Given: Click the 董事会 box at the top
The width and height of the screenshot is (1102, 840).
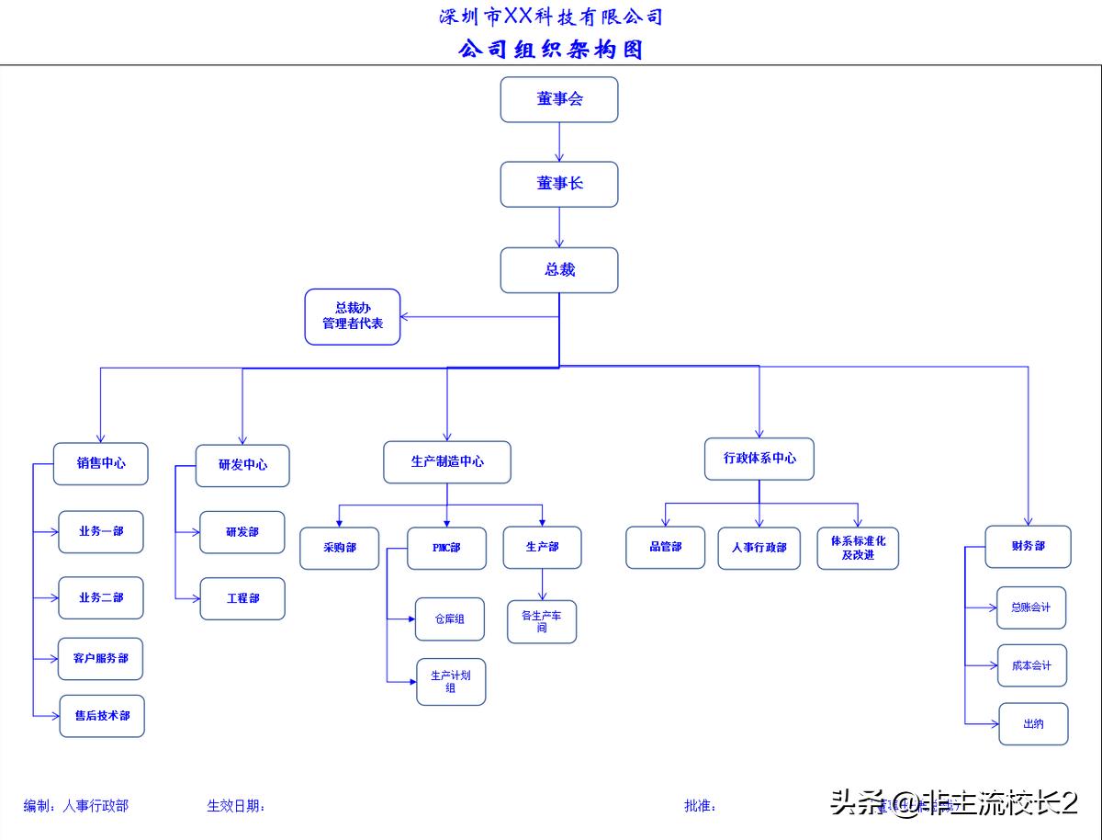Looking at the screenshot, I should pyautogui.click(x=559, y=99).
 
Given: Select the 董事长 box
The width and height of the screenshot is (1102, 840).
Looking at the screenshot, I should pyautogui.click(x=559, y=184).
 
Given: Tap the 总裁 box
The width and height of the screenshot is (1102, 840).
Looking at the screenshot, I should pyautogui.click(x=559, y=270).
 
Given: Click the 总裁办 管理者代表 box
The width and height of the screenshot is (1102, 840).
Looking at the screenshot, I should pyautogui.click(x=353, y=316).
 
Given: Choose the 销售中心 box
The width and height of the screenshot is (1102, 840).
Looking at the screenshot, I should pyautogui.click(x=101, y=464).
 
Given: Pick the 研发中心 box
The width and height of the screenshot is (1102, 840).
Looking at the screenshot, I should pyautogui.click(x=242, y=465).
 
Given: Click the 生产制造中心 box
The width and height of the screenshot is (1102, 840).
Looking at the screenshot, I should pyautogui.click(x=447, y=461).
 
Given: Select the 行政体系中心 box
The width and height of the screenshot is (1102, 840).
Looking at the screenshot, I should pyautogui.click(x=759, y=459).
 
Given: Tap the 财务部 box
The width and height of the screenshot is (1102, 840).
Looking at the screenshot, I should pyautogui.click(x=1028, y=546).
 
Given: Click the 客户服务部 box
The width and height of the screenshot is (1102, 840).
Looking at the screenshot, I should pyautogui.click(x=101, y=659).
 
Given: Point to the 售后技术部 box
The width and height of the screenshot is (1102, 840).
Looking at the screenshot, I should pyautogui.click(x=102, y=716).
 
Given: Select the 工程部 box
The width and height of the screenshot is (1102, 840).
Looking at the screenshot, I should pyautogui.click(x=242, y=598).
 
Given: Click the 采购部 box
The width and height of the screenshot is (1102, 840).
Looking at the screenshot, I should pyautogui.click(x=339, y=548).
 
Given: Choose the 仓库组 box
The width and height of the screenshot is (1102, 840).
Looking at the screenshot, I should pyautogui.click(x=449, y=619).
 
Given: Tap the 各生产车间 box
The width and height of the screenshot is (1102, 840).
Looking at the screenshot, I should pyautogui.click(x=542, y=621).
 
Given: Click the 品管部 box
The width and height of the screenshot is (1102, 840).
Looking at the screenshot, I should pyautogui.click(x=666, y=547).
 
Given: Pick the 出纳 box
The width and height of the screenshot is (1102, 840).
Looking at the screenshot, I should pyautogui.click(x=1033, y=724).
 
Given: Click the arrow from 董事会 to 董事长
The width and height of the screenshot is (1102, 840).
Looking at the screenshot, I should pyautogui.click(x=559, y=142).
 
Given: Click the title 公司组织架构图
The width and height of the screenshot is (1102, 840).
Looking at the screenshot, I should pyautogui.click(x=551, y=49).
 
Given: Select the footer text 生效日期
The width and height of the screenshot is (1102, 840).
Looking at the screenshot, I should pyautogui.click(x=235, y=806).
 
